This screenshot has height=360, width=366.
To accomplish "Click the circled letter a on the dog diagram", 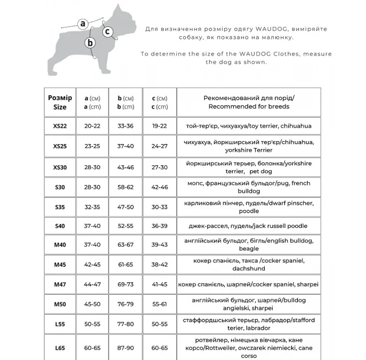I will tap(83, 23).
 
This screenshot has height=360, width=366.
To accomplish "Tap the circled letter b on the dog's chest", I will tap(90, 42).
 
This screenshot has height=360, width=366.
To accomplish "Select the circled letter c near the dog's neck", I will tap(107, 31).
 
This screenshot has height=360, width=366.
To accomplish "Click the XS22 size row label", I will tap(59, 126).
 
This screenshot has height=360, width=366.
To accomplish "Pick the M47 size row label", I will tap(59, 284).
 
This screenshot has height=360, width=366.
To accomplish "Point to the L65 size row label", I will tap(59, 347).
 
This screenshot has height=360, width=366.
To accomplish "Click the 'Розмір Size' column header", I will tap(59, 102).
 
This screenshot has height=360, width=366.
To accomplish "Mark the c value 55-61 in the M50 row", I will tap(160, 303).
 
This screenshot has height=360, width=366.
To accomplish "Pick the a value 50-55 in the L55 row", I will tap(91, 323).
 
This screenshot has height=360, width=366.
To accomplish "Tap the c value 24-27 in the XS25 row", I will tap(160, 146).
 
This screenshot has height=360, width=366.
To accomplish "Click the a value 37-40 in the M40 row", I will tap(91, 245).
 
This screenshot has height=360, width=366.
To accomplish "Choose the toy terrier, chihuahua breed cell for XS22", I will tap(249, 126).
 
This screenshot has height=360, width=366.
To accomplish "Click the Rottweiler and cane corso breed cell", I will tap(249, 347).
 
